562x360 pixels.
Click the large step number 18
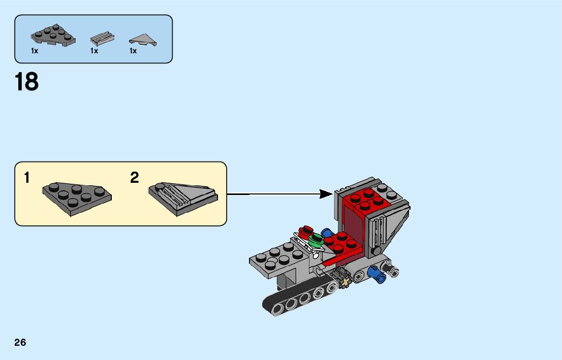(x=27, y=82)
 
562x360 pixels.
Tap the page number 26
(x=20, y=342)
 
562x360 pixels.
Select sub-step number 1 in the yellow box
(x=27, y=178)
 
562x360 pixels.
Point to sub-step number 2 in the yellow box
(x=134, y=178)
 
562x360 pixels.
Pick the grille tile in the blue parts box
(x=102, y=38)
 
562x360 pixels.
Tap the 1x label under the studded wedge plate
(x=35, y=51)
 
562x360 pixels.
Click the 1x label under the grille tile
(x=94, y=51)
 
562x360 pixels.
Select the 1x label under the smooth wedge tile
(x=133, y=51)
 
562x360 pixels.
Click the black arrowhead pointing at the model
(x=326, y=193)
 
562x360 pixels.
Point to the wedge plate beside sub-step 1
(x=77, y=197)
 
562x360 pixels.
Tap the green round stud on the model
(x=316, y=239)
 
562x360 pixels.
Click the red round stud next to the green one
(x=306, y=232)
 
